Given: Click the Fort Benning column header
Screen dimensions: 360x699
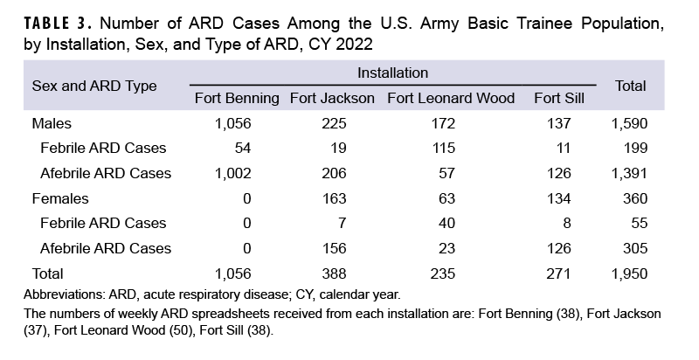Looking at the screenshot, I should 237,98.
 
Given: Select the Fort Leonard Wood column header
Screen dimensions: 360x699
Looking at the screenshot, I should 451,98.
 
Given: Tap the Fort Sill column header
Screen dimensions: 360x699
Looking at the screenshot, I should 558,98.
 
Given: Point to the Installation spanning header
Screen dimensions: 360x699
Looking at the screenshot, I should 392,73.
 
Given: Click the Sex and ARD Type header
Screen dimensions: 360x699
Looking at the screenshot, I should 94,86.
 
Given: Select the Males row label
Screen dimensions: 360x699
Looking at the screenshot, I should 52,123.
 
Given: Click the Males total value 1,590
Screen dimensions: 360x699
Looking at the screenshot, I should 629,123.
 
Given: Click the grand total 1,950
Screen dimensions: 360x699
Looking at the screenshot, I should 629,273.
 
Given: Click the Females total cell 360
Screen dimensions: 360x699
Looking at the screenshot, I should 634,198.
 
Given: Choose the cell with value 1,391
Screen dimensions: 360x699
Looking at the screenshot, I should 629,173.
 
